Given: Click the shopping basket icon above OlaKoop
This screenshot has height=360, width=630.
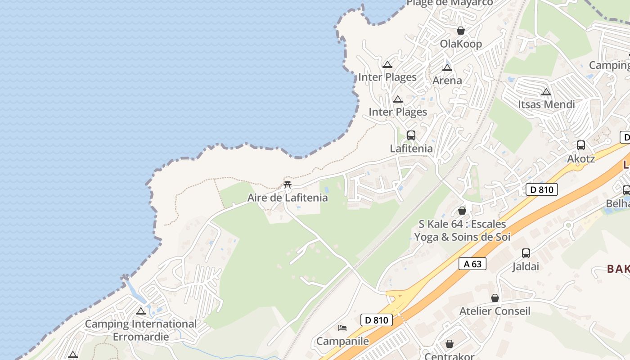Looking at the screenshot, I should [x=460, y=31].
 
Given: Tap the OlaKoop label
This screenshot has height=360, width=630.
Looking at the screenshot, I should [x=461, y=44].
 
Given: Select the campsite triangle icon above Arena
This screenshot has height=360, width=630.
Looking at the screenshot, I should [x=447, y=67].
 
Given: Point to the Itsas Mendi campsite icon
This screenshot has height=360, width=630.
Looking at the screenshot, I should [x=546, y=92].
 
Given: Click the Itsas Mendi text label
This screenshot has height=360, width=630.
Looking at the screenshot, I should [x=546, y=104].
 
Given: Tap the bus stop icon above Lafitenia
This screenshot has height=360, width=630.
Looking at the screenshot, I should [x=411, y=135].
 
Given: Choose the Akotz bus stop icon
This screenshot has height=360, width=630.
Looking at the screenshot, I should [x=581, y=145].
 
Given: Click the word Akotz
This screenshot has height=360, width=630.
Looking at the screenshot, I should [x=581, y=158].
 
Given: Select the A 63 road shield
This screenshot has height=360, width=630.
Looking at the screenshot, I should [x=472, y=264].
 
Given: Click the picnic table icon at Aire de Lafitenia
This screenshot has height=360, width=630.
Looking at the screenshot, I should [x=288, y=184].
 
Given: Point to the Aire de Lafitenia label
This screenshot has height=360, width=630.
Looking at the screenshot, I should [x=288, y=198].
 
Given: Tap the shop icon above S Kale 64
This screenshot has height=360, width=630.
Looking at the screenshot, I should [x=462, y=211].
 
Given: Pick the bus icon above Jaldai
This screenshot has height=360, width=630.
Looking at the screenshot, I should [x=526, y=253].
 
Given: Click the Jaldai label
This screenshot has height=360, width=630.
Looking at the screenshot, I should [x=526, y=266].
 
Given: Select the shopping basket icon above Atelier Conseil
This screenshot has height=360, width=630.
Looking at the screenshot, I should [x=495, y=298].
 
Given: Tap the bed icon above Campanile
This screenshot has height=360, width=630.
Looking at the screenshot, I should [x=342, y=328].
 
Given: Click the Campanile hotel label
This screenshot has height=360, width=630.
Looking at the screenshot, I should [x=342, y=341].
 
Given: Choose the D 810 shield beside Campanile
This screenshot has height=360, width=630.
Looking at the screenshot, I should [x=377, y=320].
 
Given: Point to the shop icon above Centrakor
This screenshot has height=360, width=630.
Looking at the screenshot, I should [x=450, y=344].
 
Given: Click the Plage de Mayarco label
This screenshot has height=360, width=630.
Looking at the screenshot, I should [x=450, y=3].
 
